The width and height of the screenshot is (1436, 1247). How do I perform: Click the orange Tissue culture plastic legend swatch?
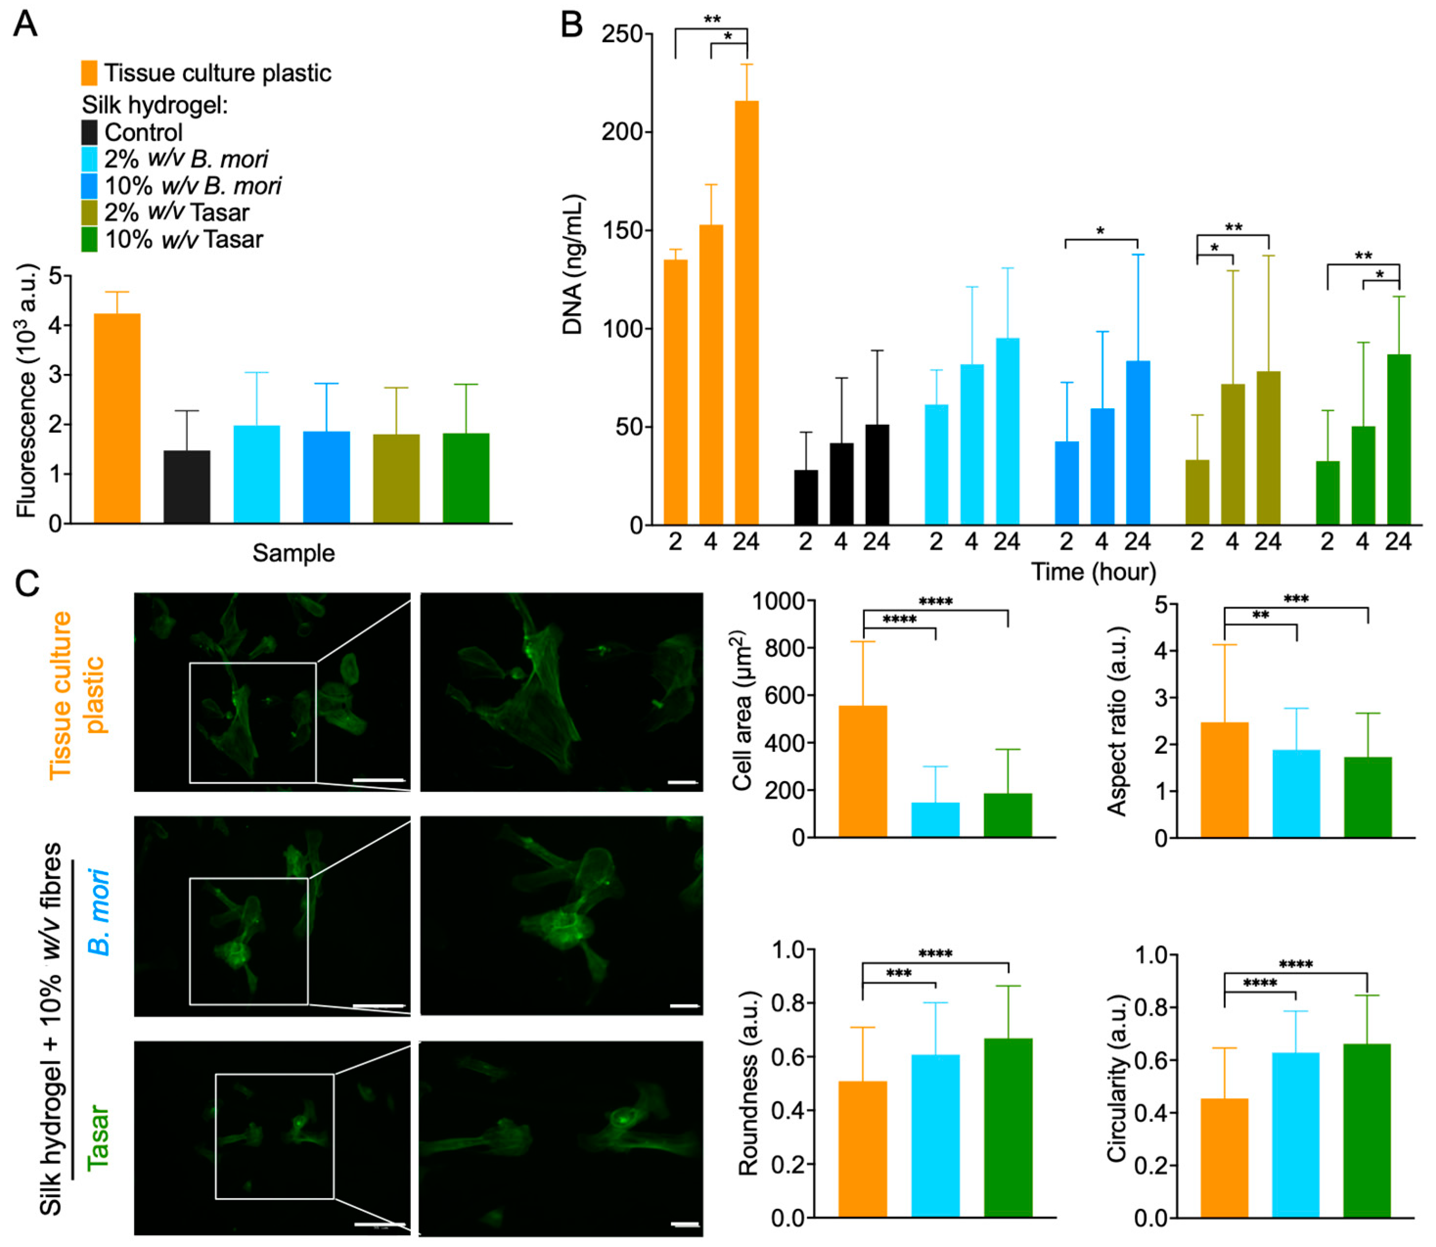coord(89,73)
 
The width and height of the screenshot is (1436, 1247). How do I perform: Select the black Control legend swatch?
coord(89,132)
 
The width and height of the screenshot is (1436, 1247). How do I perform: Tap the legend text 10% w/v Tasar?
coord(184,240)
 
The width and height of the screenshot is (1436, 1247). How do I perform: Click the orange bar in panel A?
coord(117,417)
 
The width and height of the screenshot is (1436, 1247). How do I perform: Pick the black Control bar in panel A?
coord(186,486)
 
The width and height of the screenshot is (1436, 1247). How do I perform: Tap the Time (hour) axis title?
coord(1093,572)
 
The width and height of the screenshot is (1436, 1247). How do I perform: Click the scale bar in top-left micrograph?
coord(378,780)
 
